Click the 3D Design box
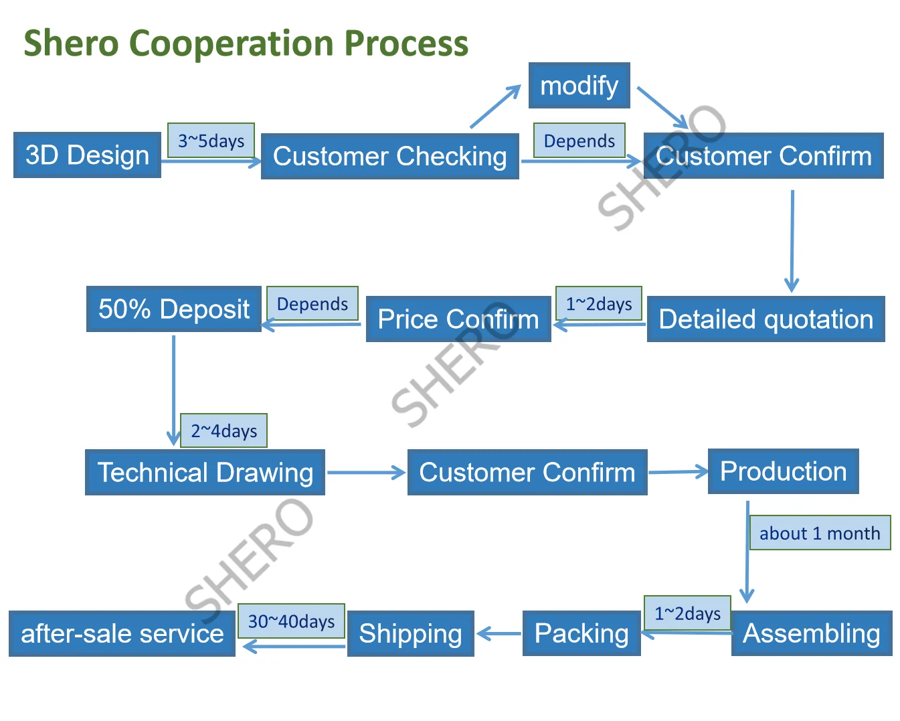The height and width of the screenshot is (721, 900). [87, 155]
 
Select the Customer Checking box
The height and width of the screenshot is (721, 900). [389, 157]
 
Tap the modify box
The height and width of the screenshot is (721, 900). [579, 86]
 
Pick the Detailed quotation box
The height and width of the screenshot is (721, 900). [766, 319]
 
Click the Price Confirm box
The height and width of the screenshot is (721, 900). [458, 319]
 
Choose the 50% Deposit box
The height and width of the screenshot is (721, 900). [173, 309]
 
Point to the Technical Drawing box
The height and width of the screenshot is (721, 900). [205, 473]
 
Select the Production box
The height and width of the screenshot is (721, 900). [783, 471]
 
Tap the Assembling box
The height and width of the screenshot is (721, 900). [811, 633]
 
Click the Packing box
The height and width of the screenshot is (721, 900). [581, 633]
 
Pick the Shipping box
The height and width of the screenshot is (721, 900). [410, 633]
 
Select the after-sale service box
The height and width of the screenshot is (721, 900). [122, 633]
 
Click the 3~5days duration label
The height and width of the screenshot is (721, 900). [211, 141]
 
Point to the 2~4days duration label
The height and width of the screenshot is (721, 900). [223, 430]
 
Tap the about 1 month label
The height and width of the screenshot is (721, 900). [820, 533]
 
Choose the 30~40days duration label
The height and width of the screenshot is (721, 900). [291, 621]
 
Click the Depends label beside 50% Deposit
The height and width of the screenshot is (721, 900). [312, 304]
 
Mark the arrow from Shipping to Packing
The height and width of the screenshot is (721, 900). [499, 633]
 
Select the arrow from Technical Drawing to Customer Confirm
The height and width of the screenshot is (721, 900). [366, 473]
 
